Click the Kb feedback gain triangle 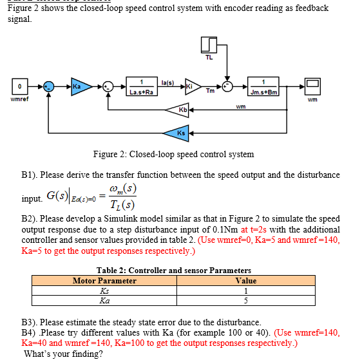pyautogui.click(x=182, y=111)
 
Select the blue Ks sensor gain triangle pyautogui.click(x=182, y=133)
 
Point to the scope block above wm pyautogui.click(x=313, y=85)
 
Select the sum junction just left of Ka pyautogui.click(x=47, y=85)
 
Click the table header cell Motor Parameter pyautogui.click(x=104, y=281)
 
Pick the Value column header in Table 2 pyautogui.click(x=246, y=281)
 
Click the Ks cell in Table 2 pyautogui.click(x=104, y=291)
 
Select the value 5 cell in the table pyautogui.click(x=246, y=300)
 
